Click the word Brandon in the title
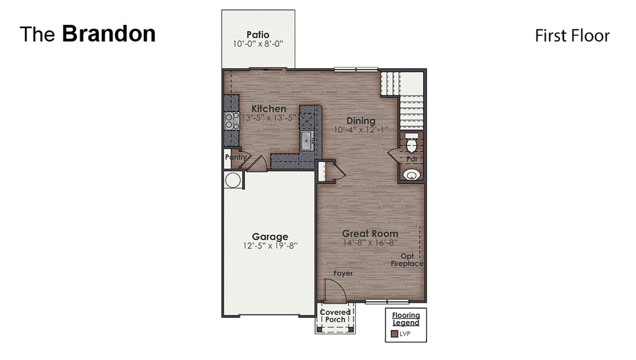pyautogui.click(x=109, y=34)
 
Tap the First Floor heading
pyautogui.click(x=572, y=36)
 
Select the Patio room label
pyautogui.click(x=258, y=35)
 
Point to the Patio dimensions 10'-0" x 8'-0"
pyautogui.click(x=258, y=44)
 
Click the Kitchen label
pyautogui.click(x=269, y=109)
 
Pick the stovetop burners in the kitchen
pyautogui.click(x=232, y=121)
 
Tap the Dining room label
pyautogui.click(x=361, y=121)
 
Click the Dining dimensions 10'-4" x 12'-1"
pyautogui.click(x=361, y=130)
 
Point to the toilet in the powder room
pyautogui.click(x=411, y=143)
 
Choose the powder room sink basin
pyautogui.click(x=411, y=175)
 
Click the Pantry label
pyautogui.click(x=236, y=157)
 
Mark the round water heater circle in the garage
pyautogui.click(x=233, y=180)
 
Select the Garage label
pyautogui.click(x=270, y=236)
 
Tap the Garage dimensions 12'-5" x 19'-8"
pyautogui.click(x=270, y=246)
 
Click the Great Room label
pyautogui.click(x=370, y=234)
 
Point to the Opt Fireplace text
pyautogui.click(x=407, y=260)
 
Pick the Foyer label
pyautogui.click(x=343, y=273)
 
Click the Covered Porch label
pyautogui.click(x=335, y=316)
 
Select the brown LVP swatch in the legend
pyautogui.click(x=394, y=334)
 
